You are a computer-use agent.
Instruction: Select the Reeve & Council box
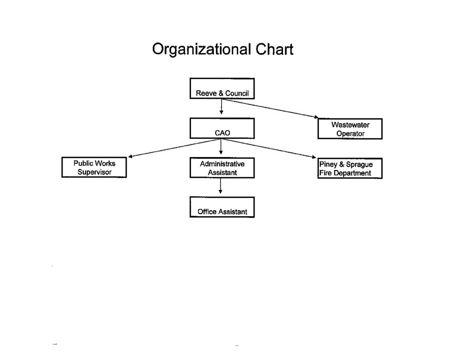point(222,88)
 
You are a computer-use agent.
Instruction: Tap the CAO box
point(222,128)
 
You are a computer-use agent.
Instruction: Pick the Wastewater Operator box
point(350,129)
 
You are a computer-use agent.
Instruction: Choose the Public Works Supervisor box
point(94,167)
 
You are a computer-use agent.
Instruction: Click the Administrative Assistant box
point(222,168)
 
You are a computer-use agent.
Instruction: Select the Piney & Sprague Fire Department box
point(350,169)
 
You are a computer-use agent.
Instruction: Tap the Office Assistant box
point(222,207)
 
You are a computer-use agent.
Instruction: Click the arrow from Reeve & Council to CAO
point(221,106)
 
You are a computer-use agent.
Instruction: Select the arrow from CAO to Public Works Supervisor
point(175,148)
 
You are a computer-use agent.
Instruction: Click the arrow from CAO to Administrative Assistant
point(221,147)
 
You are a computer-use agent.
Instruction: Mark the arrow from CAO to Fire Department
point(268,148)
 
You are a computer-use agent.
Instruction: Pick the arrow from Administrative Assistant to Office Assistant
point(220,186)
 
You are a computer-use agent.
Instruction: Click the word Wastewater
point(350,125)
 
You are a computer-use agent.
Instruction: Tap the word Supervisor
point(94,172)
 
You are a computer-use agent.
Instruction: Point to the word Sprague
point(359,164)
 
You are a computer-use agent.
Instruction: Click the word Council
point(237,93)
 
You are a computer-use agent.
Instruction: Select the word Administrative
point(222,164)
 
